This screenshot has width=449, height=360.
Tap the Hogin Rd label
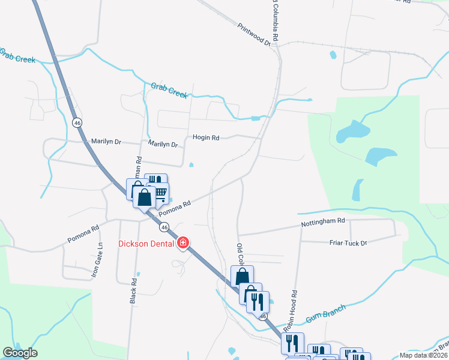[x=206, y=137]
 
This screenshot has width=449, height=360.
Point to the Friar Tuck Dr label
[x=348, y=242]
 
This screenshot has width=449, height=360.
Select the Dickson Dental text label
[x=146, y=243]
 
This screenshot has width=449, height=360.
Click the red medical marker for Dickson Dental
[x=183, y=243]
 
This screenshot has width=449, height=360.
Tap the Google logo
[x=20, y=352]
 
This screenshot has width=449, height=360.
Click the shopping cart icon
[x=160, y=192]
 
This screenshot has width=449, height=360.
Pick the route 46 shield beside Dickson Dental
[x=164, y=227]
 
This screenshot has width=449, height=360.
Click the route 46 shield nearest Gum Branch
[x=262, y=316]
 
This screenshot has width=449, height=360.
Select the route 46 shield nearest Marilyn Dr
[x=77, y=122]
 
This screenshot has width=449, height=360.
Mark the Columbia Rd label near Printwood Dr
[x=275, y=21]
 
